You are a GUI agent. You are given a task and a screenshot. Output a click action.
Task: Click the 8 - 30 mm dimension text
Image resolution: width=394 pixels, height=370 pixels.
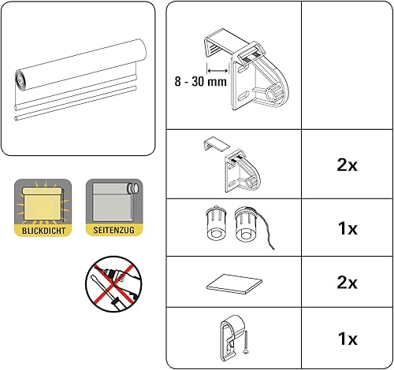tap(200, 81)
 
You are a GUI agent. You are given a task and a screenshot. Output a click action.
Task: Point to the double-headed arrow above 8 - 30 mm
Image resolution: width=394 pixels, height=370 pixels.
tap(217, 71)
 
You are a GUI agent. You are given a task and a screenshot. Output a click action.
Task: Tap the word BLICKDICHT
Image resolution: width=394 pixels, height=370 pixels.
tap(43, 231)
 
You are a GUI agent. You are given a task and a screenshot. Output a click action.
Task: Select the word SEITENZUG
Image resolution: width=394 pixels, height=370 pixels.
tap(113, 230)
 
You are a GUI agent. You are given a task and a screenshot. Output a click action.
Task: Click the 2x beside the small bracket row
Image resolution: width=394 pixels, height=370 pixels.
tap(347, 165)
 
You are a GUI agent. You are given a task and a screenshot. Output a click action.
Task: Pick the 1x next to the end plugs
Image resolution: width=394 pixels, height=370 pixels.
tap(348, 228)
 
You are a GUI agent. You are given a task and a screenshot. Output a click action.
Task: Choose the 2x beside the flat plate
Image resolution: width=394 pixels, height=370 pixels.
tap(347, 283)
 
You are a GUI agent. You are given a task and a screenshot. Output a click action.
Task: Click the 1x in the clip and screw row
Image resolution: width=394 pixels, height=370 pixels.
tap(348, 339)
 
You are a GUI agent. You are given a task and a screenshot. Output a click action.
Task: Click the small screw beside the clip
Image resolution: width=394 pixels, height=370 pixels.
tap(246, 342)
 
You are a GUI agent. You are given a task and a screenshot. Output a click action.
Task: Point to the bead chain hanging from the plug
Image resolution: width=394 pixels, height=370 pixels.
tap(263, 231)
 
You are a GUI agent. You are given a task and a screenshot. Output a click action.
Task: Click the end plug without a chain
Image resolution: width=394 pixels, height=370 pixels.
tap(216, 223)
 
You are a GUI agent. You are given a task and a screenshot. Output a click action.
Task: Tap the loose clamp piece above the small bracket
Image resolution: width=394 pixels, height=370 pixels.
tap(216, 144)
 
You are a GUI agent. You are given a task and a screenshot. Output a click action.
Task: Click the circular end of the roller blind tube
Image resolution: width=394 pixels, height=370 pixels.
tap(21, 81)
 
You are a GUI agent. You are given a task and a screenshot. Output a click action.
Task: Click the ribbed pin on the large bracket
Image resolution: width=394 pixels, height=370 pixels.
tap(273, 93)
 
